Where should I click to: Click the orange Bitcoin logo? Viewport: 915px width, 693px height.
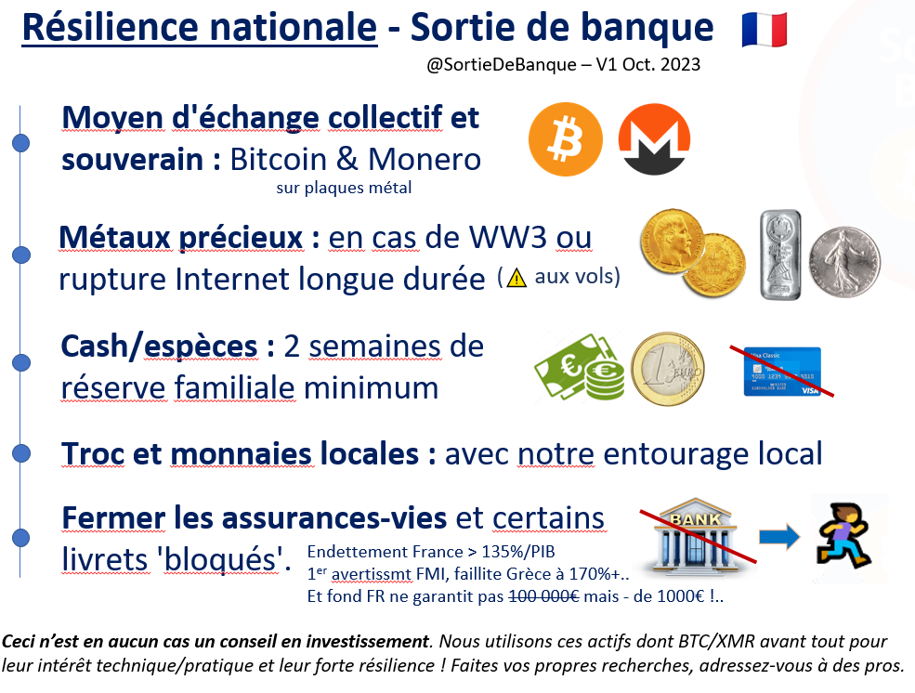(566, 139)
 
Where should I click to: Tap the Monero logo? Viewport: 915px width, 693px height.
(654, 139)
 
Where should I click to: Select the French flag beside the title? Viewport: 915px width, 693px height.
(764, 30)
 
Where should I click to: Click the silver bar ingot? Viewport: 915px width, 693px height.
(780, 255)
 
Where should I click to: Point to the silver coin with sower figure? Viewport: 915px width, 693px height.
(844, 262)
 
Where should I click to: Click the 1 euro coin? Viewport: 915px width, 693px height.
(668, 369)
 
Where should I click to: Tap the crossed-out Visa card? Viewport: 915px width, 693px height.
(782, 372)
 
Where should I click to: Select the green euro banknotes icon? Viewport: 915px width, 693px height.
(580, 367)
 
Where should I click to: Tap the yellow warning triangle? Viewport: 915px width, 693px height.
(516, 279)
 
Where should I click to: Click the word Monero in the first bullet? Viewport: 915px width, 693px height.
(425, 159)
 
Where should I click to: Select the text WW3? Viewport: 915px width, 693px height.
(508, 238)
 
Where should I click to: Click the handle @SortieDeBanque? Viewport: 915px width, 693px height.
(502, 64)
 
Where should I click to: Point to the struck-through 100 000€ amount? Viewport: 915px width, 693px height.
(543, 596)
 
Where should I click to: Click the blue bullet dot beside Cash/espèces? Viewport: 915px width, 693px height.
(21, 362)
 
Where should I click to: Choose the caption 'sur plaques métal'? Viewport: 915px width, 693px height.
(344, 188)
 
